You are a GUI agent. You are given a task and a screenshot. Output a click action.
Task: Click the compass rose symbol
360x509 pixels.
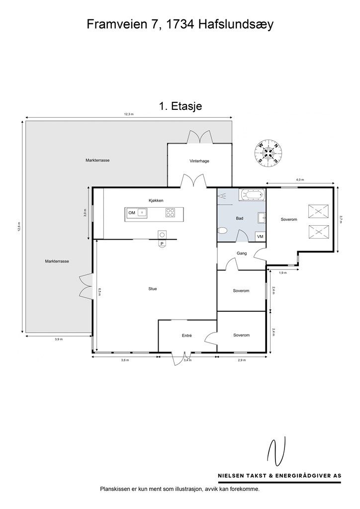pos(269,153)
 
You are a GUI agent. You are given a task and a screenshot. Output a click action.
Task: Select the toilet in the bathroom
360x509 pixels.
pos(222,231)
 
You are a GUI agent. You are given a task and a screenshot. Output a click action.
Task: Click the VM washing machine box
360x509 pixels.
pos(260,237)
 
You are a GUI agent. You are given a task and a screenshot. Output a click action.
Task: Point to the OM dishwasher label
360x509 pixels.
pos(132,213)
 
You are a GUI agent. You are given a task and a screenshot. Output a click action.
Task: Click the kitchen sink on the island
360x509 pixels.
pos(142,213)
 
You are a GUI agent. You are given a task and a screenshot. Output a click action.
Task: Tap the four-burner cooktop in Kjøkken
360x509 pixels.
pos(171,213)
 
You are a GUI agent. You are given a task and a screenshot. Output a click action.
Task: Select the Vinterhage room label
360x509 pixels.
pos(199,161)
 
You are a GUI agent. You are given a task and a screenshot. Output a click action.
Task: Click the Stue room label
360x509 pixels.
pos(153,289)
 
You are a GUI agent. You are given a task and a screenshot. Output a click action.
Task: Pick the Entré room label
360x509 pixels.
pos(186,336)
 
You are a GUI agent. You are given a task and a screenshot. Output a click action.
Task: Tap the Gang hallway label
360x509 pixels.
pos(242,253)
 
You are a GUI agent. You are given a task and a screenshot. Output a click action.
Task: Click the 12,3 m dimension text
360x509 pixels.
pos(129,114)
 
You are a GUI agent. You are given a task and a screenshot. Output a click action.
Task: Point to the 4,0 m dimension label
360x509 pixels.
pos(300,179)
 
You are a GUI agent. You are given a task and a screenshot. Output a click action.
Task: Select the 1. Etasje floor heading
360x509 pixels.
pos(180,106)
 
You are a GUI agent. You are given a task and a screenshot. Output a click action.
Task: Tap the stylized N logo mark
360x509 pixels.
pos(276,451)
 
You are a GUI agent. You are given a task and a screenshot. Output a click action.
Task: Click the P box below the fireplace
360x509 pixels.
pos(162,244)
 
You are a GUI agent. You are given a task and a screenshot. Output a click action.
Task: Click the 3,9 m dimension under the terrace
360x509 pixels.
pos(59,339)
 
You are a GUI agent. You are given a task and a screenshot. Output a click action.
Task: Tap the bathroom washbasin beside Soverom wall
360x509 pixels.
pos(262,218)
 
